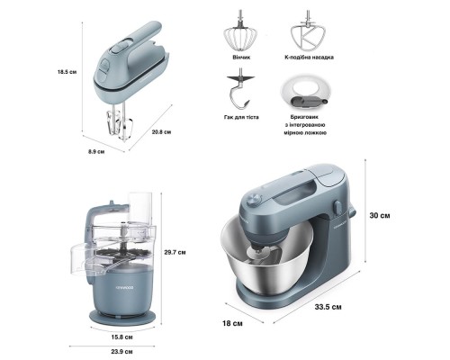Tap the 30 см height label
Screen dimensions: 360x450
380,215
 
